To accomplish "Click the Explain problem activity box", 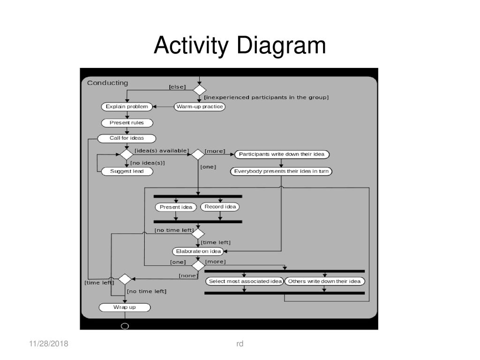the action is pos(127,106).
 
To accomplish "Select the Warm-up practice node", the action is pos(200,106).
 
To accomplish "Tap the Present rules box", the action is pos(127,123).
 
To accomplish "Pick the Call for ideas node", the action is pos(127,138).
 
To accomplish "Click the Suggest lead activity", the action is pos(127,172).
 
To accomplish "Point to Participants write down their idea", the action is pos(282,154).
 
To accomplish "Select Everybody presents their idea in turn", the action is pos(281,172).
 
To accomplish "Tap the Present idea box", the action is pos(176,207).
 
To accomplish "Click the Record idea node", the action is pos(220,207).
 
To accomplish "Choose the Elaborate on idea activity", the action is pos(198,251).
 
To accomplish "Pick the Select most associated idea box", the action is pos(245,281).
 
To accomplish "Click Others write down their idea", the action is pos(324,281).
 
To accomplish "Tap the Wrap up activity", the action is pos(125,307).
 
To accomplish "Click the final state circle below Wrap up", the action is pos(125,326).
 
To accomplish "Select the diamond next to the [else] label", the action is pos(200,90).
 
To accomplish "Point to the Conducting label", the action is pos(107,83).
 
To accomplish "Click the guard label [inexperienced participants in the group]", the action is pos(266,97).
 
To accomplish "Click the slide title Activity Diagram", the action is pos(240,45).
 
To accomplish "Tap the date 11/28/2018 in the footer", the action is pos(49,344).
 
